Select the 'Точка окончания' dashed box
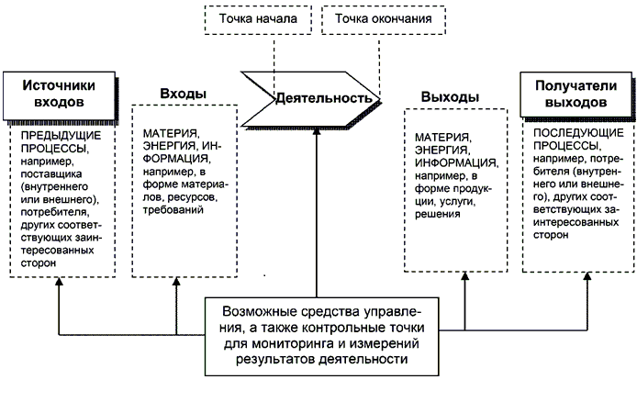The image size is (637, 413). coord(383,19)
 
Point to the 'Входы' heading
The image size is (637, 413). coord(183,94)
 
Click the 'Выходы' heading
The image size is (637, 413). coord(450,97)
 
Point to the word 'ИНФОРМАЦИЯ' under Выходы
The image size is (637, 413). coord(454,162)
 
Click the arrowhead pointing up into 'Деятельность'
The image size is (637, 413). coord(316,129)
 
